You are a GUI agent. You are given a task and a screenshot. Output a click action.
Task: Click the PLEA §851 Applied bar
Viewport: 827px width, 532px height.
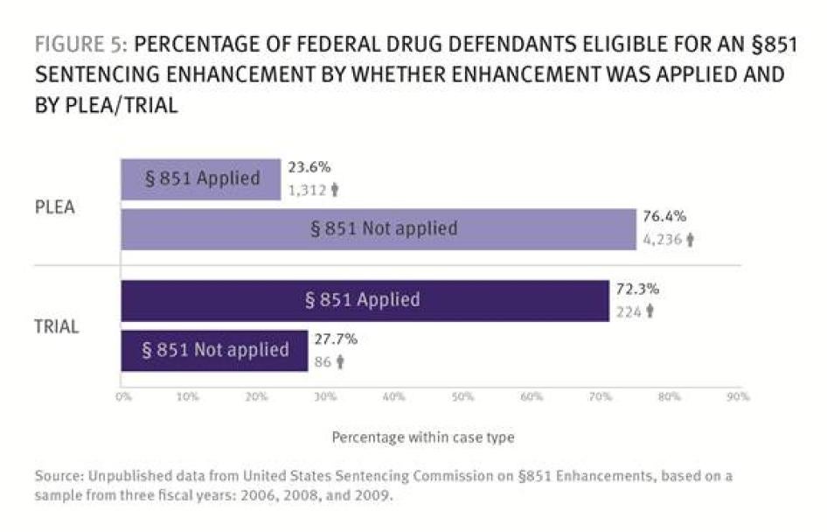click(x=201, y=179)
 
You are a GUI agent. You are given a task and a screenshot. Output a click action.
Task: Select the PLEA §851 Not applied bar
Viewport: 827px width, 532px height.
click(x=378, y=229)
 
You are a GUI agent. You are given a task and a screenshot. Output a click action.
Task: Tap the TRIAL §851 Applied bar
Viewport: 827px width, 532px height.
click(x=365, y=300)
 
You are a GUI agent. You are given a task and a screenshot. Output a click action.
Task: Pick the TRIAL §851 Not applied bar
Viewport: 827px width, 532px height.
click(x=214, y=350)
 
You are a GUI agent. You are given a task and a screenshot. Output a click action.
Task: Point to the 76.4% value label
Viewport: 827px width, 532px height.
click(x=664, y=217)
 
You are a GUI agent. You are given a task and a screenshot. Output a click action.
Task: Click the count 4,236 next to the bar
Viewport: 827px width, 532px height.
click(x=663, y=240)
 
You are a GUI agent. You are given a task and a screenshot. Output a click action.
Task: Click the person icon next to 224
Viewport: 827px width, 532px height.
click(x=650, y=311)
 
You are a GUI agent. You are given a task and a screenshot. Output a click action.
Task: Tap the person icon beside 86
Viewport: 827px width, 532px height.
click(x=339, y=361)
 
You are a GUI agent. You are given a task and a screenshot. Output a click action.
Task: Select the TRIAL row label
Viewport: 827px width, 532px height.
click(x=57, y=326)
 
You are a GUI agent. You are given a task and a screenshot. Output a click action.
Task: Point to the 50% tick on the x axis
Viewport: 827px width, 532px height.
click(x=463, y=396)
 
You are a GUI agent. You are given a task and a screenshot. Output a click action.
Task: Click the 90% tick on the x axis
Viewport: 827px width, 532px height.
click(x=739, y=396)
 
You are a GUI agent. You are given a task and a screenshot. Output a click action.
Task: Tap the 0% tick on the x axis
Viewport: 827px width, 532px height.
click(x=122, y=396)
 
